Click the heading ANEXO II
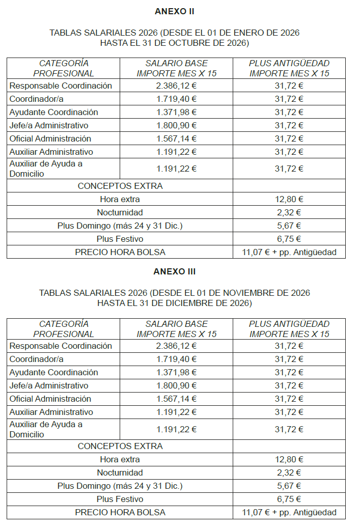(x=174, y=11)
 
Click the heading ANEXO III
(x=174, y=271)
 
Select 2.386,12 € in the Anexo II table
(x=176, y=86)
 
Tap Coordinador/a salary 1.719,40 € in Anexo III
(x=176, y=359)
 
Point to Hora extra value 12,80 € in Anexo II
(x=289, y=199)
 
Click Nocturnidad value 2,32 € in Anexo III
(x=289, y=472)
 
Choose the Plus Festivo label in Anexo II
(x=120, y=239)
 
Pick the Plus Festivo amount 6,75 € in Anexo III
(x=289, y=499)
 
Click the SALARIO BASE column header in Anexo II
(x=176, y=63)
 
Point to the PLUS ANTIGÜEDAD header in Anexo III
(x=289, y=323)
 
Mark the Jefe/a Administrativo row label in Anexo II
(x=49, y=125)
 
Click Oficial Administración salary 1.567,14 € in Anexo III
(x=176, y=399)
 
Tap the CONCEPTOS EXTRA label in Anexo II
(x=120, y=186)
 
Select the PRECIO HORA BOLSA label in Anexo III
(x=120, y=512)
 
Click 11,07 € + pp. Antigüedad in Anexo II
(x=289, y=252)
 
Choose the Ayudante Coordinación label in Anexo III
(x=53, y=372)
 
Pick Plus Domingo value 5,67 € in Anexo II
(x=289, y=226)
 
